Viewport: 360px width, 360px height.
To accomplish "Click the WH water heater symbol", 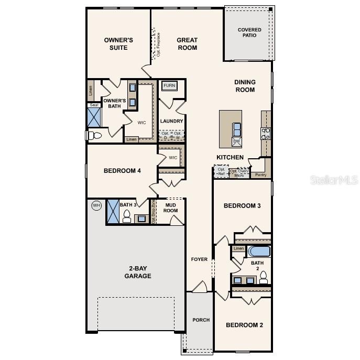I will point(96,205).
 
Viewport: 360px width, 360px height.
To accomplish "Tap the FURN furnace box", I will point(169,86).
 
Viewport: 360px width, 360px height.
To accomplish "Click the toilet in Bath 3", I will point(126,217).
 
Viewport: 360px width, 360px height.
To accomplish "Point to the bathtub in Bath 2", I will point(259,251).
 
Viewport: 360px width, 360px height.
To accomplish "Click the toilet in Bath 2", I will point(264,276).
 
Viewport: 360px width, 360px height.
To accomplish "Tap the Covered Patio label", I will point(249,33).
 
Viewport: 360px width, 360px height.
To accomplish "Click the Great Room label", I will point(187,44).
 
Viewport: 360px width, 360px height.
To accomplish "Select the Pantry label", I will point(260,175).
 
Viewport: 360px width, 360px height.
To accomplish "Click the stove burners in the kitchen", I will point(266,133).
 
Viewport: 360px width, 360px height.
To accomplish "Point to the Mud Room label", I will point(171,208).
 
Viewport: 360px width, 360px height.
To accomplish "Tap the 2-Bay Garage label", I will point(138,272).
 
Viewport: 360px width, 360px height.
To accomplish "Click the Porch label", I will point(201,320).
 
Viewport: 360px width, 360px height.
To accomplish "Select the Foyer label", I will point(199,259).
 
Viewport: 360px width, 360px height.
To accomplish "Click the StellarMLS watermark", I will point(336,180).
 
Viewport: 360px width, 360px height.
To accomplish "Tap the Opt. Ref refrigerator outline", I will point(221,172).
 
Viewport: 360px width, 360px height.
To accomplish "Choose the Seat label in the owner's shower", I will point(94,105).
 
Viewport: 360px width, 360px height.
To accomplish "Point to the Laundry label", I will point(171,121).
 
